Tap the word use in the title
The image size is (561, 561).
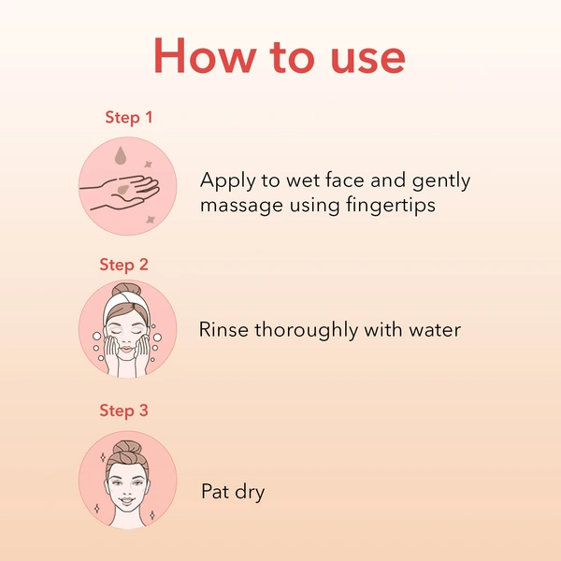pyautogui.click(x=362, y=58)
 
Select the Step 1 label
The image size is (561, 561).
pyautogui.click(x=128, y=118)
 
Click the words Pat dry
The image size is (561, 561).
pyautogui.click(x=233, y=491)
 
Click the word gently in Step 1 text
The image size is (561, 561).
pyautogui.click(x=439, y=181)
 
